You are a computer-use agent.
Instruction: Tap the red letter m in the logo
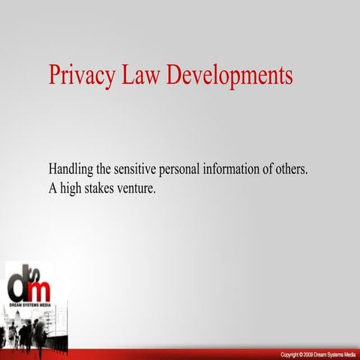click(41, 289)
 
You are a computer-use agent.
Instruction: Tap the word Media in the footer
click(347, 354)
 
